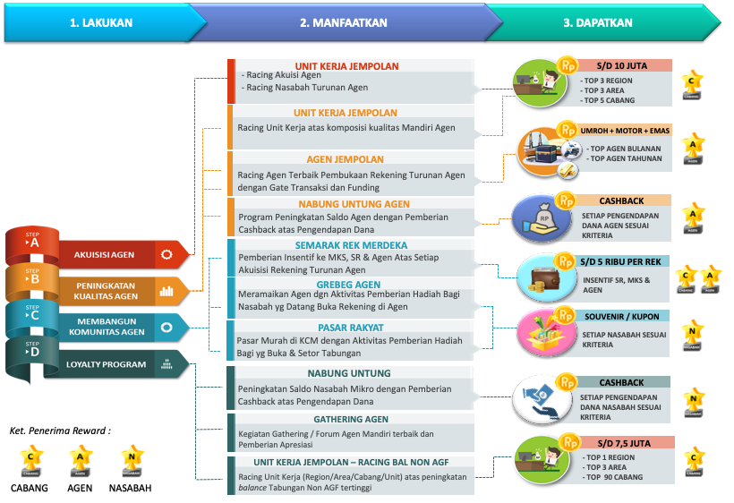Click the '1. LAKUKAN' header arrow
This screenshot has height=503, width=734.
(x=101, y=22)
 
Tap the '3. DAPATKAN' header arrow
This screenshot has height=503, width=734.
(x=598, y=22)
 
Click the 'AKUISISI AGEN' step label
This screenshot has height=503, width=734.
(x=104, y=255)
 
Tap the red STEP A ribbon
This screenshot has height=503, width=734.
(x=33, y=243)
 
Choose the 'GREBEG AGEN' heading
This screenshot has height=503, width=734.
(x=348, y=285)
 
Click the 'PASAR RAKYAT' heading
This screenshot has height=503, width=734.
(x=350, y=328)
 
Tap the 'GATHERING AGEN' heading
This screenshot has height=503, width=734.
(x=350, y=419)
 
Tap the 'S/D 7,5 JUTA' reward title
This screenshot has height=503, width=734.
(x=619, y=442)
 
